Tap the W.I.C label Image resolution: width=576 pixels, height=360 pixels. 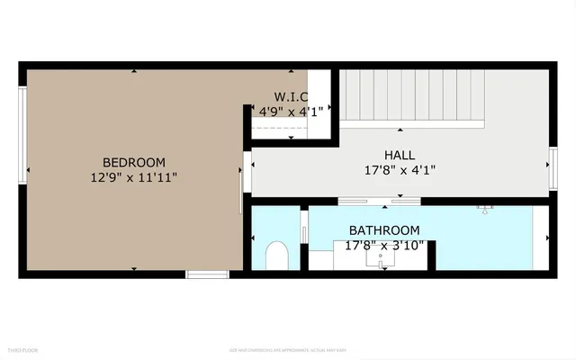[x=291, y=97]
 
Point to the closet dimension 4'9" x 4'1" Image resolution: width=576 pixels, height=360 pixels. [x=291, y=112]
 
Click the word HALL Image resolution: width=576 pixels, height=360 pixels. [x=400, y=155]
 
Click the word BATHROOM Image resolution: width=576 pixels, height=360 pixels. [x=384, y=230]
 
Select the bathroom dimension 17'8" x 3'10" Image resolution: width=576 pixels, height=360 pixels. [x=384, y=245]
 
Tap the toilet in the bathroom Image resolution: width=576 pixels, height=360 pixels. [x=277, y=256]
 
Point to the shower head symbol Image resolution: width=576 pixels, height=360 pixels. [x=488, y=210]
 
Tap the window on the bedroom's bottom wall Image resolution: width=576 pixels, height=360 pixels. [x=208, y=274]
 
